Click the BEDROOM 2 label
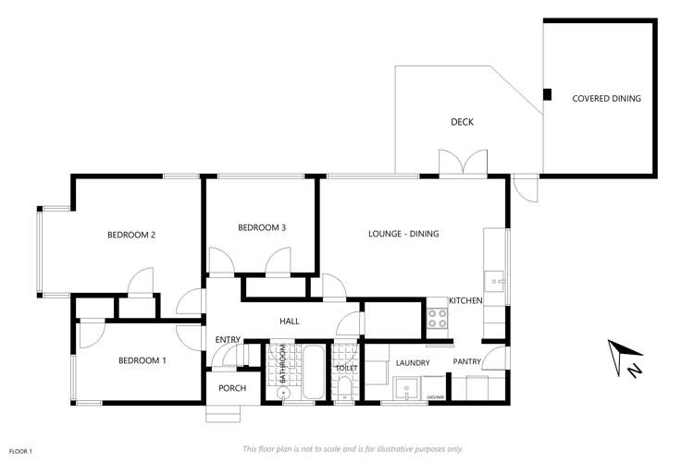[130, 235]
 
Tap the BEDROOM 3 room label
[262, 227]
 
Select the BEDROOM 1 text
[142, 359]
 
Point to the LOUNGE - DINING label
[404, 234]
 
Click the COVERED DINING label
[606, 98]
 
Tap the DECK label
[462, 122]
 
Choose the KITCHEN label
[466, 301]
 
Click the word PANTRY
[466, 362]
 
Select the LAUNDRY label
[413, 363]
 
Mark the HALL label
[290, 321]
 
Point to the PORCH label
[232, 388]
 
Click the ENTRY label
[228, 340]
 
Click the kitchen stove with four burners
[437, 320]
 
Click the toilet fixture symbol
[345, 384]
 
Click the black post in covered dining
[547, 93]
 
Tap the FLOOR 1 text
[21, 451]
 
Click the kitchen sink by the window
[496, 278]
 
